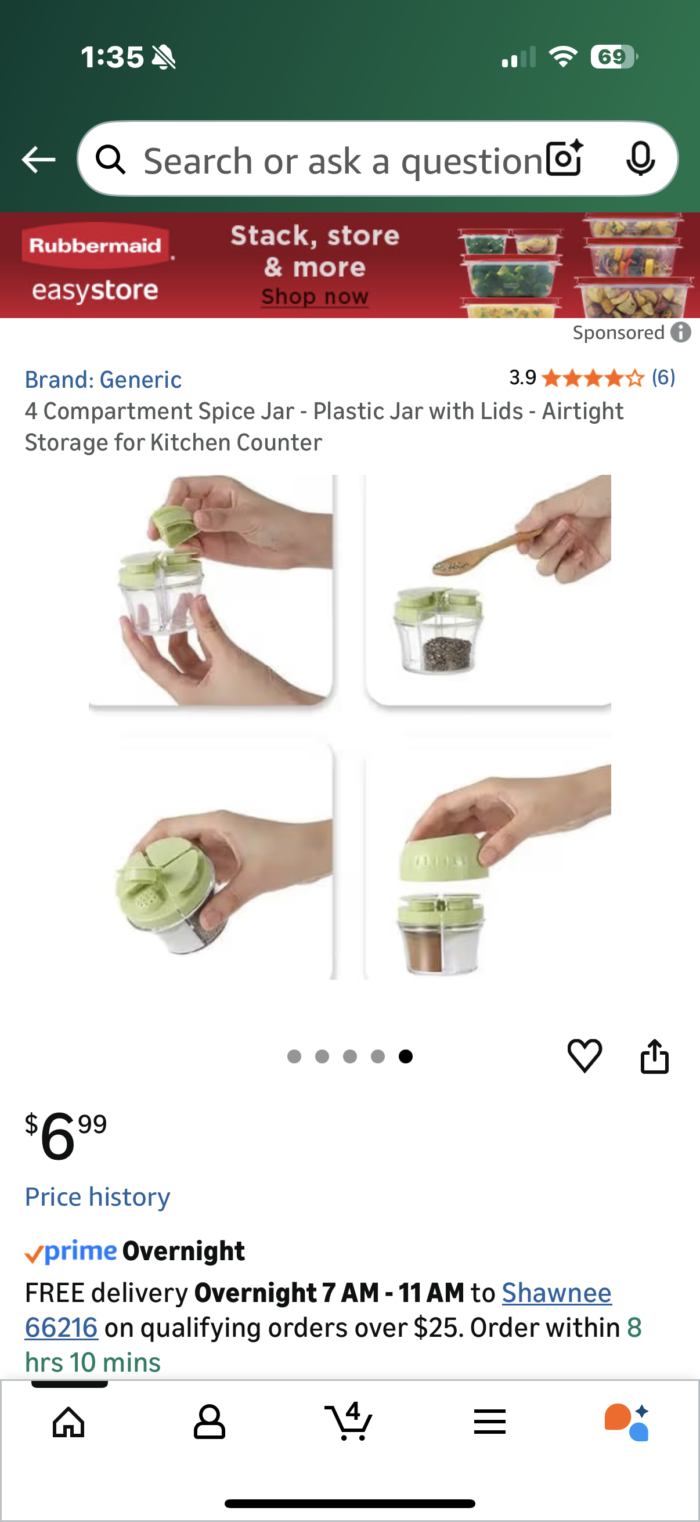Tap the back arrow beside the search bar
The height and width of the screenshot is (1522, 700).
[38, 160]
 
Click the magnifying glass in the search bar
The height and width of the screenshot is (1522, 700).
[111, 160]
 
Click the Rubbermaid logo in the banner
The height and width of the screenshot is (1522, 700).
[95, 244]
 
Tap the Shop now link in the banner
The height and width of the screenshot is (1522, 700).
[315, 296]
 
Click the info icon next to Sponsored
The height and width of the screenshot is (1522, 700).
[680, 333]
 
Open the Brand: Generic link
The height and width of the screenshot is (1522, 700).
[103, 379]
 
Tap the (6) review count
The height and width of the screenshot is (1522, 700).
[663, 377]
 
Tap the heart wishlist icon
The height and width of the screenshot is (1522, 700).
[584, 1055]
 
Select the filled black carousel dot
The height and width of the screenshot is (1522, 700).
[405, 1056]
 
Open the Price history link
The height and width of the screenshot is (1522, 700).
[98, 1197]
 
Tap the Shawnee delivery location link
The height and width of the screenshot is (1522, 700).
[557, 1292]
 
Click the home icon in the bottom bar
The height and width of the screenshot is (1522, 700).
[69, 1422]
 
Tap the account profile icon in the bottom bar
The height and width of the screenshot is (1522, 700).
[209, 1422]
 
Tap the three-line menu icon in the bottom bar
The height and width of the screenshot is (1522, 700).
[490, 1422]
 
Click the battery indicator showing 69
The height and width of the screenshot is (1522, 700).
[613, 57]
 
